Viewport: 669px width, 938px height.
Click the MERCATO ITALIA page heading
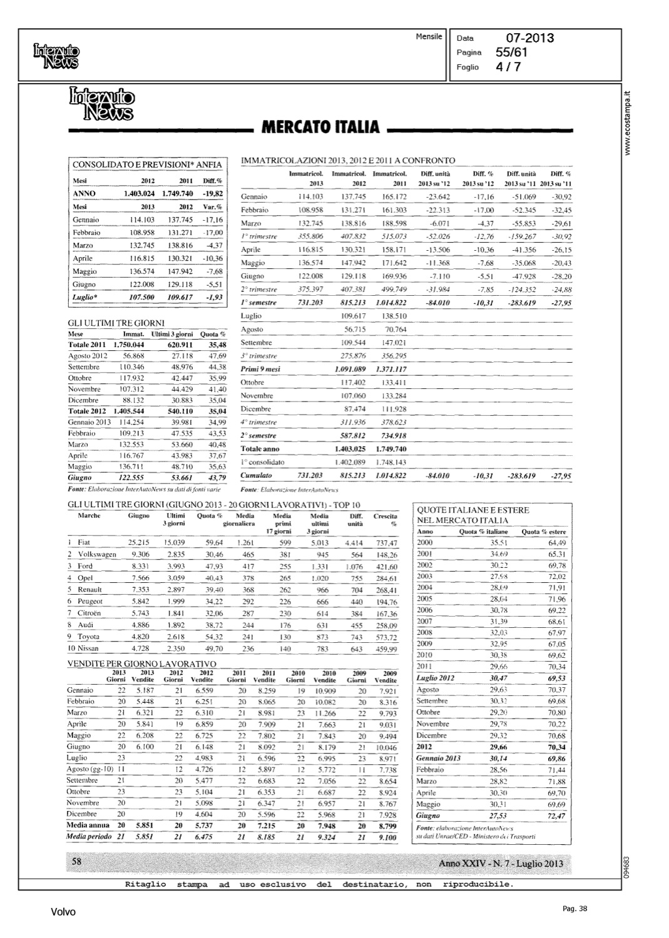(320, 127)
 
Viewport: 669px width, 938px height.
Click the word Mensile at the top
(429, 37)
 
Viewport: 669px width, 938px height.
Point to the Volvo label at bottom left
(63, 912)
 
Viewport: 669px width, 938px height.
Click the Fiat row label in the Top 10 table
(84, 542)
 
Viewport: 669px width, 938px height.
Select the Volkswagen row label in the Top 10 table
(96, 554)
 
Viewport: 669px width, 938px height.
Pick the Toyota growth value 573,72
(386, 637)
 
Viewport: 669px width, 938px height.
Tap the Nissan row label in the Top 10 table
(88, 648)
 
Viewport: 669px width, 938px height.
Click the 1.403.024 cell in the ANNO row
(140, 194)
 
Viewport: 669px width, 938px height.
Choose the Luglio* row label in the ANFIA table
(85, 298)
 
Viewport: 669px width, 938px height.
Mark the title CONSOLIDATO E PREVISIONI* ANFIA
(147, 164)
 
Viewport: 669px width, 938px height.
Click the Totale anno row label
(260, 449)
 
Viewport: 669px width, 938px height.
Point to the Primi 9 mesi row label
(260, 369)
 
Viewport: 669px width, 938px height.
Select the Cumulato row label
(257, 476)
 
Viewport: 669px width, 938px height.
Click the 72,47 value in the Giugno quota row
(556, 816)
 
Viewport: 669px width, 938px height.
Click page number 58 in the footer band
(78, 861)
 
